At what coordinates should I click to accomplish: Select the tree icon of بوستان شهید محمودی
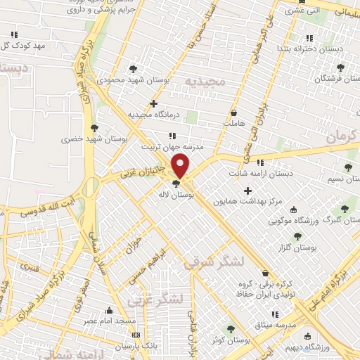click(133, 68)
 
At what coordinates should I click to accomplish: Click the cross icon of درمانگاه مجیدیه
click(153, 103)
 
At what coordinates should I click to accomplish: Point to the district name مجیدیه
click(205, 81)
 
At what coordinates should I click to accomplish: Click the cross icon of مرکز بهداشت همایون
click(247, 191)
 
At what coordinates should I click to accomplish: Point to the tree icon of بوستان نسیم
click(347, 167)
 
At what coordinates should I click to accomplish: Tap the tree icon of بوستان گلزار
click(297, 237)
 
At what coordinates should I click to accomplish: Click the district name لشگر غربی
click(155, 300)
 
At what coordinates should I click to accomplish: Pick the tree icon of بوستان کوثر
click(229, 329)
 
